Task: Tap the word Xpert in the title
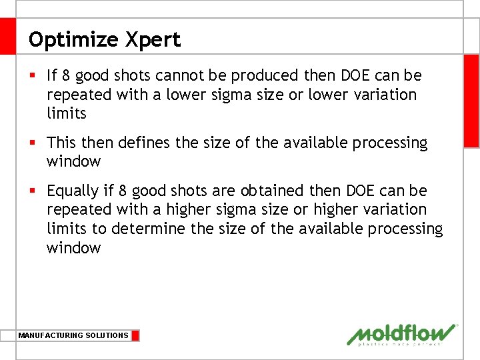(153, 40)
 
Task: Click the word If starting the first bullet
(53, 75)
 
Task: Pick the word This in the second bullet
(61, 143)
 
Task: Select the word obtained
(272, 191)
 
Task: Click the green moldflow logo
(402, 334)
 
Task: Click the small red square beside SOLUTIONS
(135, 335)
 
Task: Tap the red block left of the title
(7, 36)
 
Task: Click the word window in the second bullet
(73, 162)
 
